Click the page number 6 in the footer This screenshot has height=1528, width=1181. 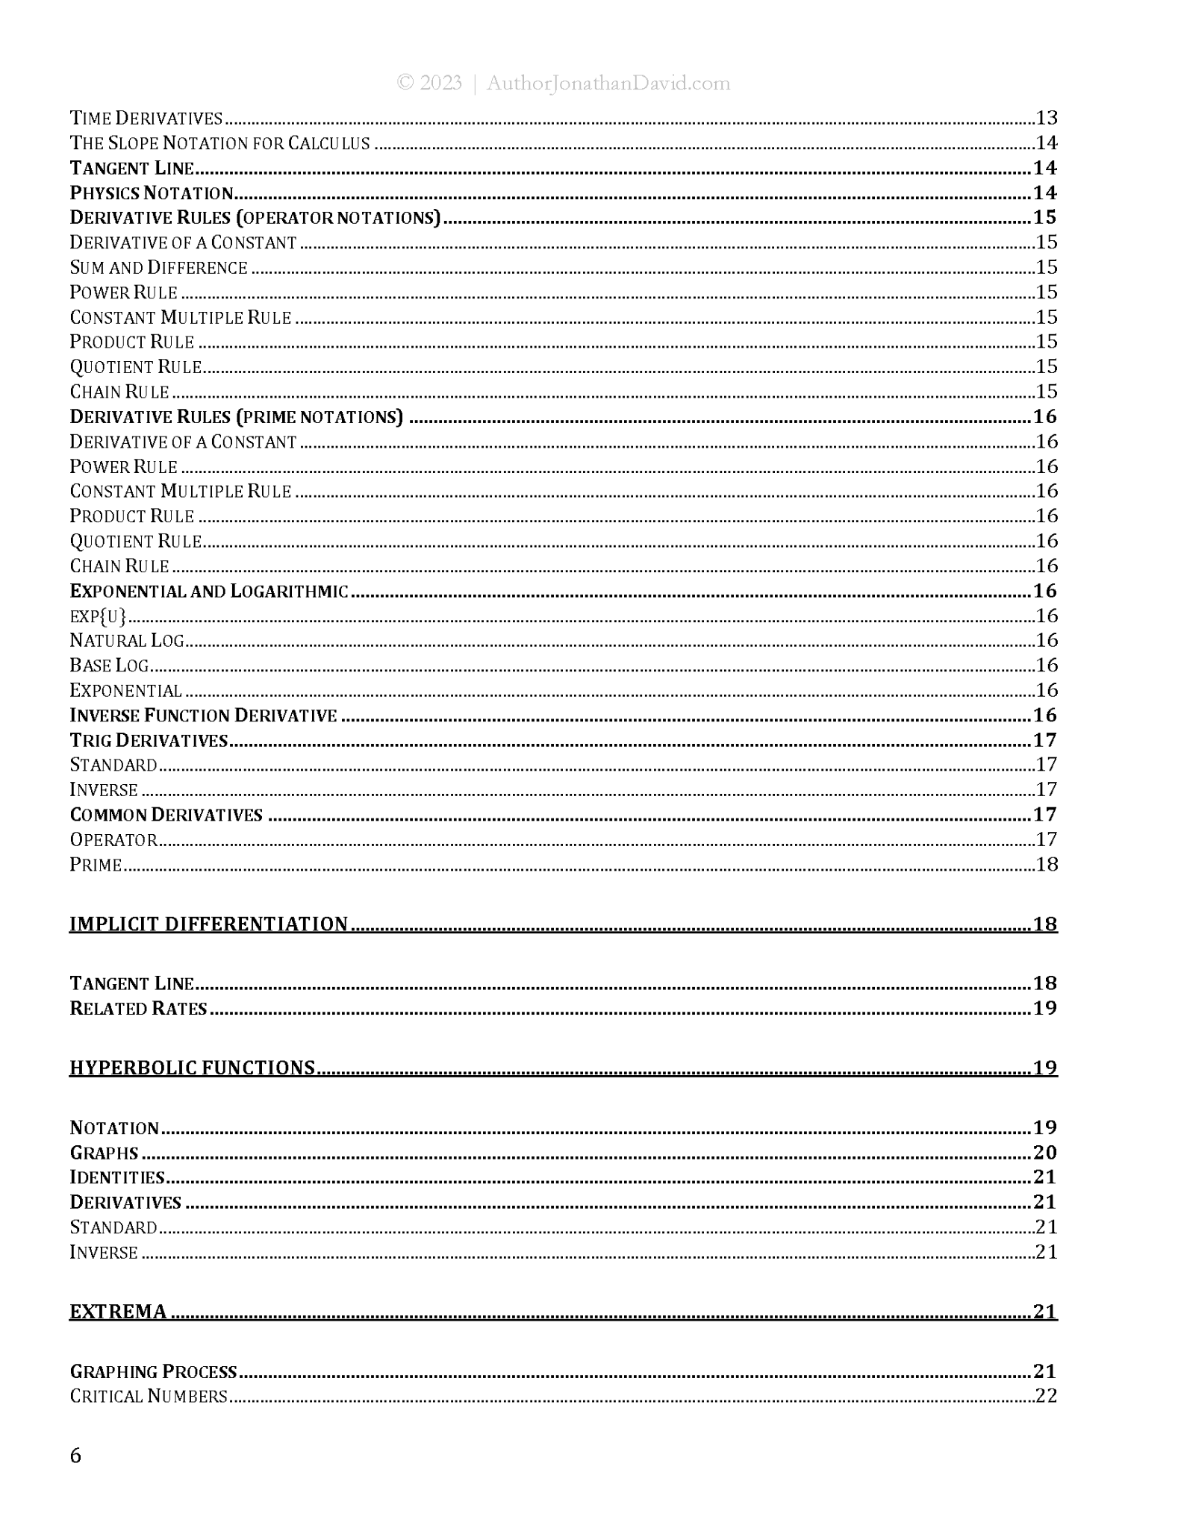click(75, 1456)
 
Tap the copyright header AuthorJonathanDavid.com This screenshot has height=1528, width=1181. click(564, 83)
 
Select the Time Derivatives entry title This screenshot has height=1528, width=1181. click(146, 118)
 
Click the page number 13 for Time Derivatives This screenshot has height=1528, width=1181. click(1047, 118)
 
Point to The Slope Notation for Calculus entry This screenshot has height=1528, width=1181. click(219, 143)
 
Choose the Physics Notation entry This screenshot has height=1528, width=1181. click(152, 193)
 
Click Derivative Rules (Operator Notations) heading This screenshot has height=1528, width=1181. click(255, 218)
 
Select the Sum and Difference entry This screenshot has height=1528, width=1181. click(158, 268)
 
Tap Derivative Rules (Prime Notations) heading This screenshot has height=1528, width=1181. click(236, 417)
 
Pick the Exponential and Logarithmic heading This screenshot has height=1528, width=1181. click(209, 591)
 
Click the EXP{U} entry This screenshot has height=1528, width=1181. click(98, 616)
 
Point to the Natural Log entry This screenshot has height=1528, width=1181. click(127, 641)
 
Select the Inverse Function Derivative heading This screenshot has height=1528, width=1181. click(203, 716)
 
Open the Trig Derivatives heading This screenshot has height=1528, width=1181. click(149, 740)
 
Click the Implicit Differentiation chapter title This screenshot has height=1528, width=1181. click(208, 924)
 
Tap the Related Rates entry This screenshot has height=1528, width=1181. click(138, 1009)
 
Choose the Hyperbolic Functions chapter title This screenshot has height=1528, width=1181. click(192, 1068)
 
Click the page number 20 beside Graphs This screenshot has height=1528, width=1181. click(1045, 1153)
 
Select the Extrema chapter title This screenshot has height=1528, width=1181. click(118, 1312)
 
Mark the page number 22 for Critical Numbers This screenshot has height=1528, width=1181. click(1047, 1396)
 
